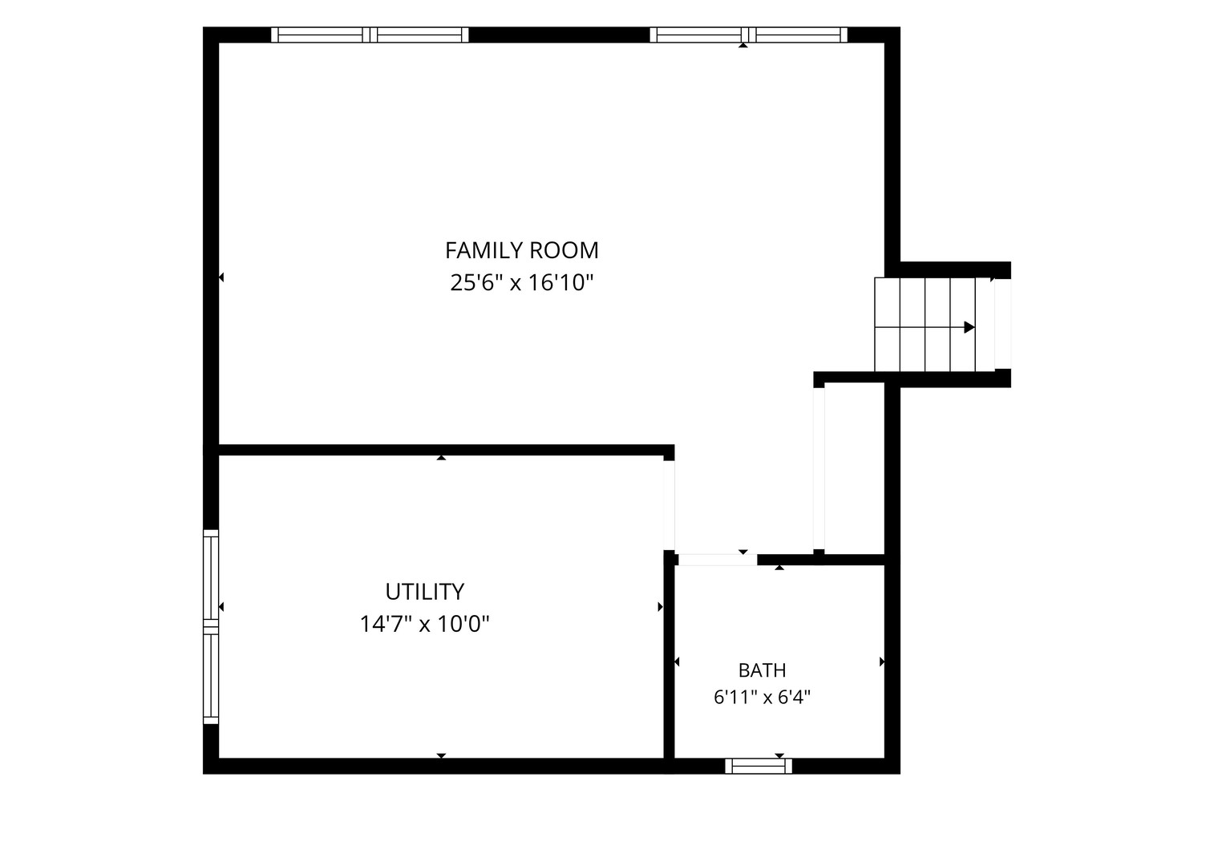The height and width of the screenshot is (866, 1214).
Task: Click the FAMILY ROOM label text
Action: pyautogui.click(x=521, y=250)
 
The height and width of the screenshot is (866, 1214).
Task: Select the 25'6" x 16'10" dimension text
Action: pyautogui.click(x=521, y=283)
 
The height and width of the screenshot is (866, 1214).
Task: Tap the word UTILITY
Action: pyautogui.click(x=424, y=592)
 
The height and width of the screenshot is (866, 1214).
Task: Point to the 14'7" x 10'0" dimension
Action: pyautogui.click(x=424, y=624)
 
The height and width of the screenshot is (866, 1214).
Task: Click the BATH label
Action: pyautogui.click(x=762, y=671)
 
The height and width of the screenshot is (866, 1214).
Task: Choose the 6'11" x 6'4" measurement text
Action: pyautogui.click(x=762, y=698)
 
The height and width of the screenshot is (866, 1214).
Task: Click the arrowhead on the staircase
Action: pyautogui.click(x=969, y=327)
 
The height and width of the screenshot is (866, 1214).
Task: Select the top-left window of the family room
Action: pyautogui.click(x=370, y=34)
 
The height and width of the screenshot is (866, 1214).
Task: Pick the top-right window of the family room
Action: pyautogui.click(x=748, y=34)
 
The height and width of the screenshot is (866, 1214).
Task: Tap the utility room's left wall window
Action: pyautogui.click(x=211, y=627)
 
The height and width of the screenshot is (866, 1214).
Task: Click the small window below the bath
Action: pyautogui.click(x=759, y=767)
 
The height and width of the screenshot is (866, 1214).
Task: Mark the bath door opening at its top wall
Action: pyautogui.click(x=718, y=560)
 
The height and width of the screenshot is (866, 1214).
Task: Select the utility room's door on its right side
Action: pyautogui.click(x=670, y=505)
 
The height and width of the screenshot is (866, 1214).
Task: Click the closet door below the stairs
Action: pyautogui.click(x=819, y=469)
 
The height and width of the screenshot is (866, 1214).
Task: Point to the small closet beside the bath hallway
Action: pyautogui.click(x=855, y=469)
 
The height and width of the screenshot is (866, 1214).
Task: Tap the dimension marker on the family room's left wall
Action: pyautogui.click(x=221, y=277)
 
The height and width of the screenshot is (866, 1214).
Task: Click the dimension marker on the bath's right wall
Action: pyautogui.click(x=882, y=662)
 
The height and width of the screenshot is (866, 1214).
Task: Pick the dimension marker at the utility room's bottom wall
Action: pyautogui.click(x=441, y=756)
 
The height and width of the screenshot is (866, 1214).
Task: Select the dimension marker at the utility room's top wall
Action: pyautogui.click(x=441, y=458)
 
